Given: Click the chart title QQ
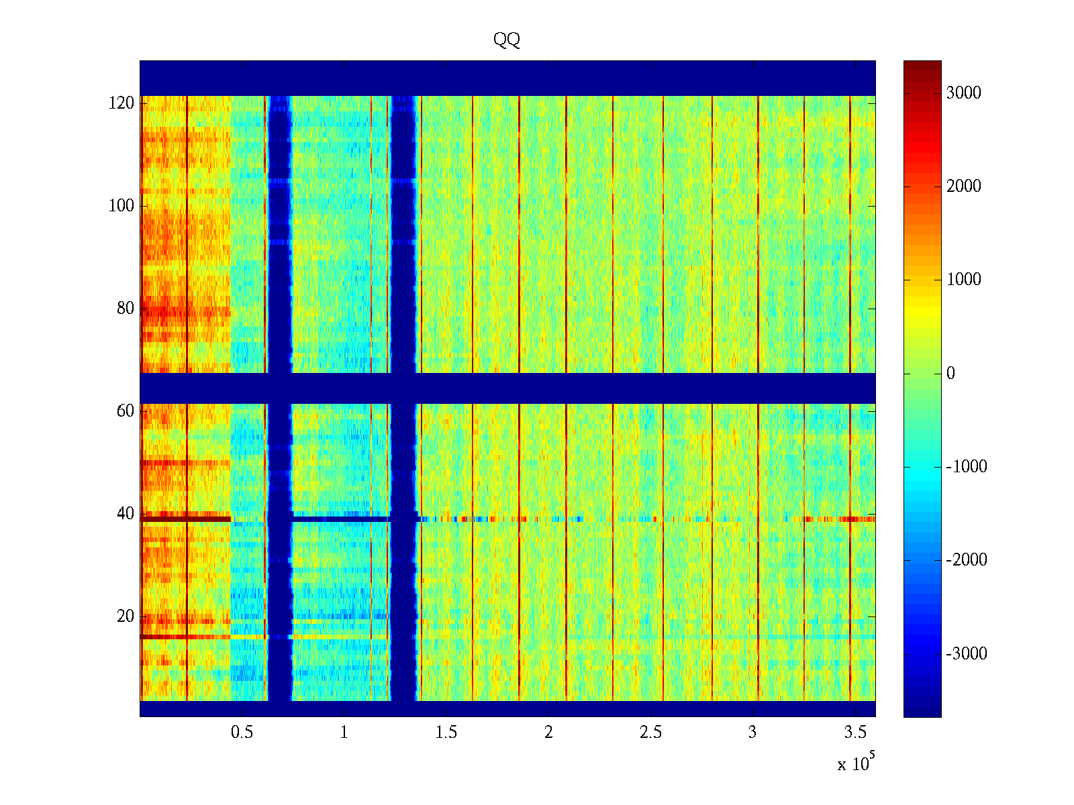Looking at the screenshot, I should pyautogui.click(x=507, y=40).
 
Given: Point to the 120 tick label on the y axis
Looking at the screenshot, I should pyautogui.click(x=121, y=103).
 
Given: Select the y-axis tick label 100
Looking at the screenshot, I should pyautogui.click(x=121, y=205).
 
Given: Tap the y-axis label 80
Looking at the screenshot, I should pyautogui.click(x=126, y=308).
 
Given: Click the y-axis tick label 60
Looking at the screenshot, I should pyautogui.click(x=126, y=411).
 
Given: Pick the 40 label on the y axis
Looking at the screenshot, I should pyautogui.click(x=126, y=513).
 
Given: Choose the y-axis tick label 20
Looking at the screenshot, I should pyautogui.click(x=126, y=616).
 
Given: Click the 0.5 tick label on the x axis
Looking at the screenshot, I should pyautogui.click(x=242, y=733).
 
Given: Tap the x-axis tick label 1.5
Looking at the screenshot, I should pyautogui.click(x=446, y=733).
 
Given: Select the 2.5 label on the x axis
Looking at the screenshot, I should pyautogui.click(x=650, y=733).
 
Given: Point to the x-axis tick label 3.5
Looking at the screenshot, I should pyautogui.click(x=855, y=733).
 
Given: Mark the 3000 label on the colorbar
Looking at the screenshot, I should pyautogui.click(x=963, y=93).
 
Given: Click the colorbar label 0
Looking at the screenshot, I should pyautogui.click(x=950, y=374).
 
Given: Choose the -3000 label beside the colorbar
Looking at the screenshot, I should pyautogui.click(x=967, y=654).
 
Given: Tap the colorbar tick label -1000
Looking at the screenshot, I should pyautogui.click(x=967, y=467).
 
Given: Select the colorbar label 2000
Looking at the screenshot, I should pyautogui.click(x=963, y=186).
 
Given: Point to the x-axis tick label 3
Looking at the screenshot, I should pyautogui.click(x=752, y=733).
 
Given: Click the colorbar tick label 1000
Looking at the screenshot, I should pyautogui.click(x=963, y=280).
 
